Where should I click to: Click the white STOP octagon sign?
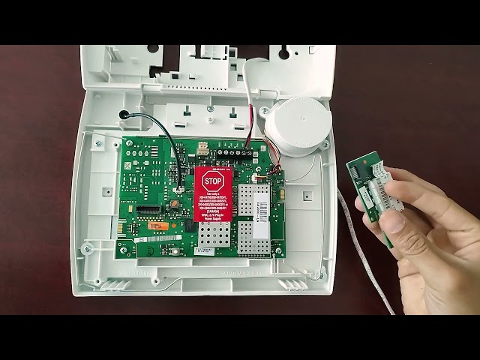pyautogui.click(x=213, y=182)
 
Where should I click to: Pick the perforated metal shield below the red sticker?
pyautogui.click(x=217, y=237)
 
